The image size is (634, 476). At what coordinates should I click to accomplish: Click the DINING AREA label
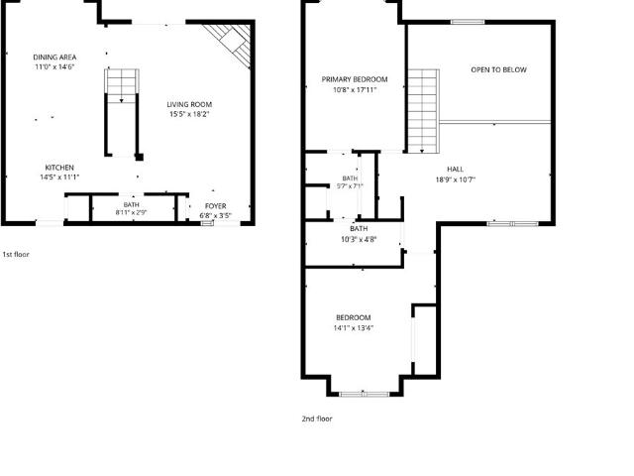click(x=54, y=58)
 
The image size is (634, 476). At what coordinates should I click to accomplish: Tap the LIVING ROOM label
click(x=189, y=104)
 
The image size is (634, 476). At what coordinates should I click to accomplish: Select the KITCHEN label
click(x=59, y=168)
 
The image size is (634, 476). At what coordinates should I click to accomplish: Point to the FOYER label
click(x=216, y=206)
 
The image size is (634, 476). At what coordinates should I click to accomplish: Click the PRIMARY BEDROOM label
click(x=355, y=79)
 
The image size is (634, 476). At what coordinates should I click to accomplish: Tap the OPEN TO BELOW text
click(x=498, y=69)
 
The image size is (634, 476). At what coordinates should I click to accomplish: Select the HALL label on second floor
click(x=456, y=170)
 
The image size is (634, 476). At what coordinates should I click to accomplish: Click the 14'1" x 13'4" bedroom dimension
click(x=353, y=328)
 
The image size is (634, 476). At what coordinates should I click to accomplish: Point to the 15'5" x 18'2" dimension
click(x=189, y=114)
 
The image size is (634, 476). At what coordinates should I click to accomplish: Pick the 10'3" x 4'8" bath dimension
click(x=359, y=239)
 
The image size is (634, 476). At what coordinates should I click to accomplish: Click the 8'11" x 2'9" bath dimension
click(x=131, y=212)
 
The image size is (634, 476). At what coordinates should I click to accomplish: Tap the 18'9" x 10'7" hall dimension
click(x=456, y=179)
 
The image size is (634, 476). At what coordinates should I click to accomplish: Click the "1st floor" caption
click(x=16, y=254)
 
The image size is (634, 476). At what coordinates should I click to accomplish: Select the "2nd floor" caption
click(x=317, y=418)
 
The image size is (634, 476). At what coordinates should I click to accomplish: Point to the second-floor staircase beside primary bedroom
click(x=423, y=111)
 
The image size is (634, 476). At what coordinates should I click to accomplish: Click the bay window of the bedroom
click(x=365, y=394)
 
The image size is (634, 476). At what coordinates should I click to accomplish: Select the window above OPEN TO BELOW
click(x=468, y=22)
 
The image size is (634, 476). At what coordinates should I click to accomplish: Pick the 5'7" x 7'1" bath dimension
click(x=350, y=186)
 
